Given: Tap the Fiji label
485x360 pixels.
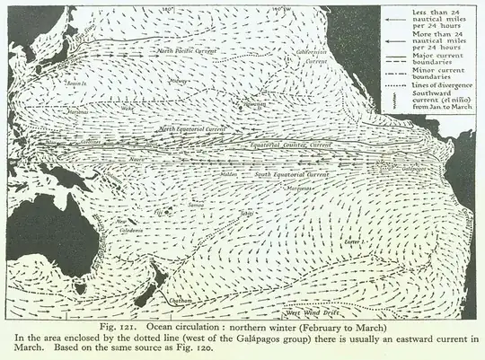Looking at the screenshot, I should click(x=162, y=212).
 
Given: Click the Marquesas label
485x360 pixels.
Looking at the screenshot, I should click(x=299, y=189).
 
